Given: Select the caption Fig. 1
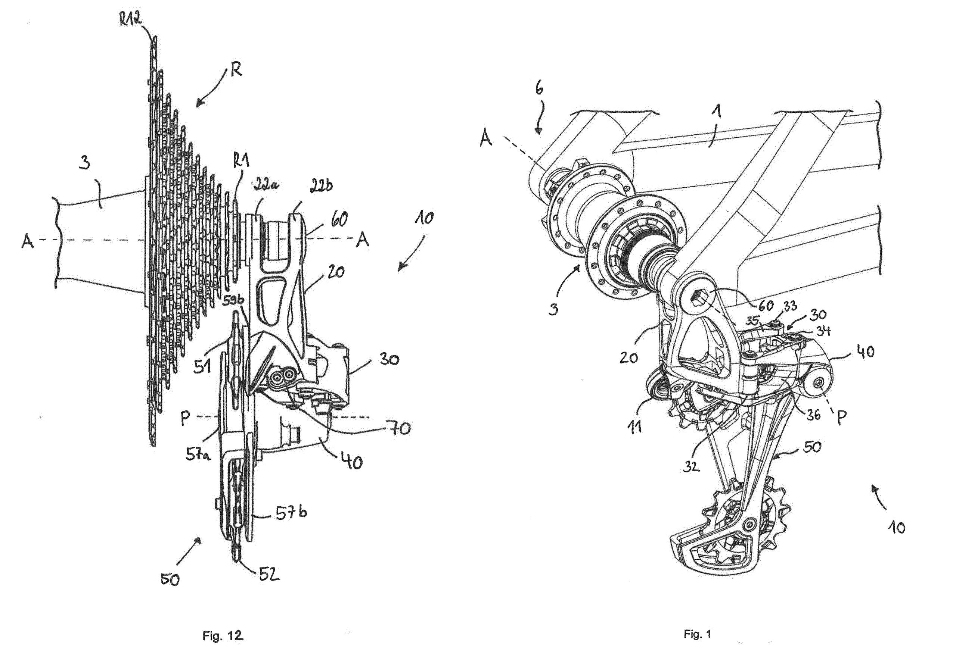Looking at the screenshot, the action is pyautogui.click(x=697, y=634).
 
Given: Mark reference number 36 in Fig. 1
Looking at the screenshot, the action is pyautogui.click(x=814, y=415).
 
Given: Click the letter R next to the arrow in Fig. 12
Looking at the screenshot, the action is pyautogui.click(x=236, y=71).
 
